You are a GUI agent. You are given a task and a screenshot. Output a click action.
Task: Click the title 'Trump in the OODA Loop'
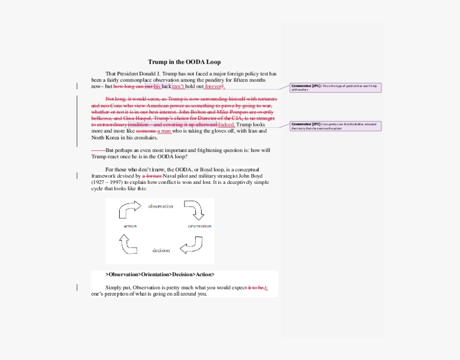pos(184,62)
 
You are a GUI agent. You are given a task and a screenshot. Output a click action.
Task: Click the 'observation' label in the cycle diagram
pos(160,206)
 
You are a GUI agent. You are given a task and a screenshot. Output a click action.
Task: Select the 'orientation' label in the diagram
pos(200,226)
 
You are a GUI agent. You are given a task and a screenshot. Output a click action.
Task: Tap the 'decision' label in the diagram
pos(161,250)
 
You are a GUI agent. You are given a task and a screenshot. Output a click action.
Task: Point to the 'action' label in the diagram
pos(130,226)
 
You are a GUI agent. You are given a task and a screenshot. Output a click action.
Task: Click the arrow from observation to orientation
pos(194,210)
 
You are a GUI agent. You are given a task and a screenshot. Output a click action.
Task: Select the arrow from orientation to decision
pos(191,245)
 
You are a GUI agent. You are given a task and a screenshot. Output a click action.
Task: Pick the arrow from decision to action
pos(128,244)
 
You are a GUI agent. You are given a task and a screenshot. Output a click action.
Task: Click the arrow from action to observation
pos(128,210)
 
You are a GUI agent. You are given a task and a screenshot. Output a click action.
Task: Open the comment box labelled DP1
pos(335,87)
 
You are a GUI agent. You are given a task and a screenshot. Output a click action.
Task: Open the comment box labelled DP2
pos(335,126)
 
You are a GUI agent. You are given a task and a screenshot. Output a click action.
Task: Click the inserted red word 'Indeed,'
pos(226,125)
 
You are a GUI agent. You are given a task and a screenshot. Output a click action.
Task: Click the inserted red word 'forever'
pos(213,87)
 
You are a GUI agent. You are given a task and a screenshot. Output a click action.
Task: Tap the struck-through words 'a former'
pos(152,176)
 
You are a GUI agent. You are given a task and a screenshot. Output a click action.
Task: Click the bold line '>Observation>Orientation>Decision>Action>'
pos(160,274)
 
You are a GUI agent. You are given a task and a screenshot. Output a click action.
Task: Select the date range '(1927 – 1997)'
pos(109,182)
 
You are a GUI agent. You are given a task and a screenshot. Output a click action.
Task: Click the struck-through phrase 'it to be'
pos(255,288)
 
